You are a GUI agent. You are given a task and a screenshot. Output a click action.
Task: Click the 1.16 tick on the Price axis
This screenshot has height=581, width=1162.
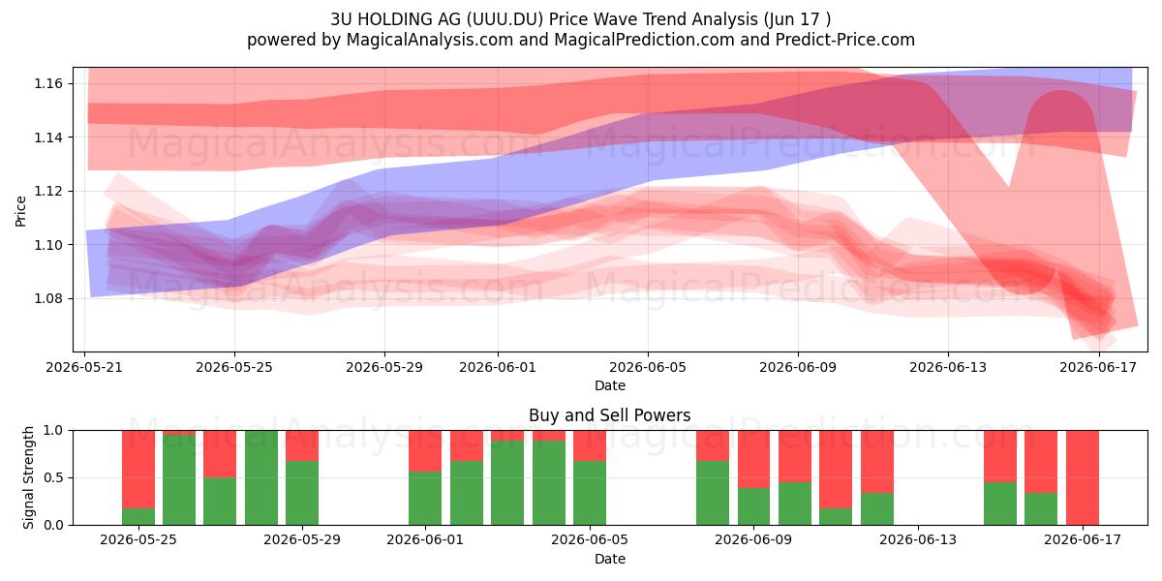(48, 83)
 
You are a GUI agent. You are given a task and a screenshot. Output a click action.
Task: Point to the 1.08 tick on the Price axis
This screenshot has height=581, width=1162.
(48, 299)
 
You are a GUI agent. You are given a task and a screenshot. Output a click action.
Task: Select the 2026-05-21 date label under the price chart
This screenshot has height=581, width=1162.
(84, 367)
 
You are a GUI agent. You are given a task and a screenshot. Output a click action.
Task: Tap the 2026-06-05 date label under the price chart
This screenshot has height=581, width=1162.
(648, 367)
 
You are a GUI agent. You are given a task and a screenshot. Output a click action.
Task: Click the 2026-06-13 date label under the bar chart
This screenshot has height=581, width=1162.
(918, 539)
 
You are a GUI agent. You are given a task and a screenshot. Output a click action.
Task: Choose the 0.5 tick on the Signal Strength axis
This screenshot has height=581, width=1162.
(53, 477)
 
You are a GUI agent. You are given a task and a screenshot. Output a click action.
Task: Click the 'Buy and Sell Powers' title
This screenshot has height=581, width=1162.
(609, 415)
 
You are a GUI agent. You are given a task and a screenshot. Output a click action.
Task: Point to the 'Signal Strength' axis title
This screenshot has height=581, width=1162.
(28, 477)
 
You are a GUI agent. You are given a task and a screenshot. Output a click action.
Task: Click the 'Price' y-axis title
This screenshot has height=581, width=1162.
(20, 211)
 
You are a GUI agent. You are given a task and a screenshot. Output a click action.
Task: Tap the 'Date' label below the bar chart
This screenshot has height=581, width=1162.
(609, 559)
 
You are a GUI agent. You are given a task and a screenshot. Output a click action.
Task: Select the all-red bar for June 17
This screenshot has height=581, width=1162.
(1083, 477)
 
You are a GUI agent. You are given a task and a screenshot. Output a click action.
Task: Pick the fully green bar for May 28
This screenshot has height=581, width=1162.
(260, 477)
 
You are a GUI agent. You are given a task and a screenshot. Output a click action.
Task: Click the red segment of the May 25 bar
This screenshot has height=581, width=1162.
(138, 470)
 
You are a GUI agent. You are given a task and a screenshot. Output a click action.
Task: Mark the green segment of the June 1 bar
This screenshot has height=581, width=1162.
(425, 498)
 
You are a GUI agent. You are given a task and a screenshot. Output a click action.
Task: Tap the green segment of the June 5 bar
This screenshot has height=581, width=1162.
(590, 493)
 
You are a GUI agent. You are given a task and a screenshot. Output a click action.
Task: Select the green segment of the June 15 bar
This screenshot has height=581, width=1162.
(1000, 504)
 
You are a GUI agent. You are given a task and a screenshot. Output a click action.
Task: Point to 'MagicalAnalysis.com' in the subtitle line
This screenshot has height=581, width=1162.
(430, 40)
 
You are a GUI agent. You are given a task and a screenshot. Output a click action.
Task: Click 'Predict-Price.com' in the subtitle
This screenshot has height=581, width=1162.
(845, 40)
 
